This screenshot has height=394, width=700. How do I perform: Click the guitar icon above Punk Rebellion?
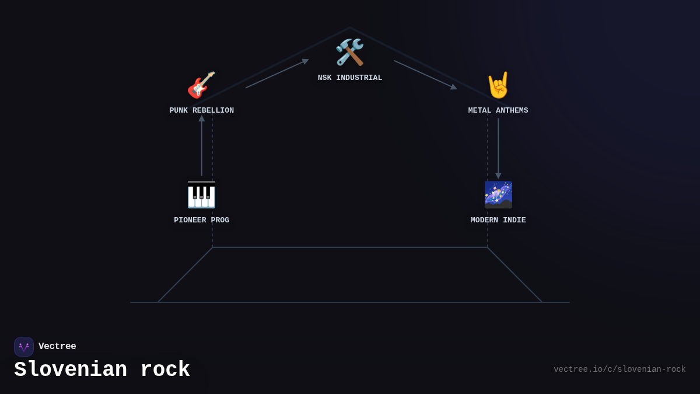(201, 85)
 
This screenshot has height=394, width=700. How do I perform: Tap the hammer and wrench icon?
(350, 53)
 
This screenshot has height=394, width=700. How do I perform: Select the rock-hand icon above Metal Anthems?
(498, 85)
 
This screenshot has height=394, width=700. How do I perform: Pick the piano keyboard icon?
(201, 194)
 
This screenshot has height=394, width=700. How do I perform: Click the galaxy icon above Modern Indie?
(498, 194)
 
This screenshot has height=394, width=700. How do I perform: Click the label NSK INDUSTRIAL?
(350, 78)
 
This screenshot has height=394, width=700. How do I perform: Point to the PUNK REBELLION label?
(201, 110)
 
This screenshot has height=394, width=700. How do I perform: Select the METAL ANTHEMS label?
(498, 110)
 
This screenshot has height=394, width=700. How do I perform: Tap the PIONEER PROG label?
(201, 220)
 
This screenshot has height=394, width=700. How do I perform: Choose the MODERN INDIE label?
(498, 220)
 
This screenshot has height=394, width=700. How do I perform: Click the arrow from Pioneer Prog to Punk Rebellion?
(202, 146)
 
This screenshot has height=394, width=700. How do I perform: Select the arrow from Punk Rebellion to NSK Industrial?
(277, 74)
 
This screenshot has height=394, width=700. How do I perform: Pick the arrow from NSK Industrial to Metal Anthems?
(425, 75)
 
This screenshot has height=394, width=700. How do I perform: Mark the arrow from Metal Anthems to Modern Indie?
(498, 148)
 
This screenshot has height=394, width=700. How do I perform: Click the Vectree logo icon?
(24, 347)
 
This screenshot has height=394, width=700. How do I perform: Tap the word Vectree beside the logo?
(57, 347)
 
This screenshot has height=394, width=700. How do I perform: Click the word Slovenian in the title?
(71, 370)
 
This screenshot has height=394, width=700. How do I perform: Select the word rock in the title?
(165, 370)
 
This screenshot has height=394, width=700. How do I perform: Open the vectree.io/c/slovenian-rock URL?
(619, 369)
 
